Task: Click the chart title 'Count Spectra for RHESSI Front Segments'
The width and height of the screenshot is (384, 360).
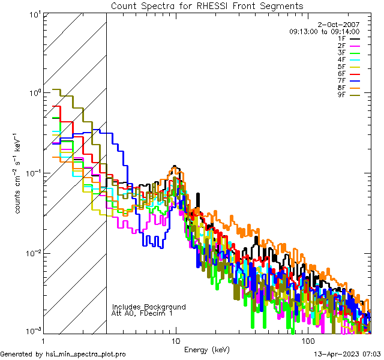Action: coord(207,6)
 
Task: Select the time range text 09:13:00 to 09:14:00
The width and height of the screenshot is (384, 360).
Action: coord(324,31)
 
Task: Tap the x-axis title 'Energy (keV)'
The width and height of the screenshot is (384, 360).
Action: coord(206,349)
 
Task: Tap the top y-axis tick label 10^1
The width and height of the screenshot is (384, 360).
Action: coord(34,14)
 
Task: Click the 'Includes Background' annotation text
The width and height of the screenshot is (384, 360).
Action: coord(149,307)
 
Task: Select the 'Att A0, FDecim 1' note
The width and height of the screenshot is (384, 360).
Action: coord(142,313)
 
